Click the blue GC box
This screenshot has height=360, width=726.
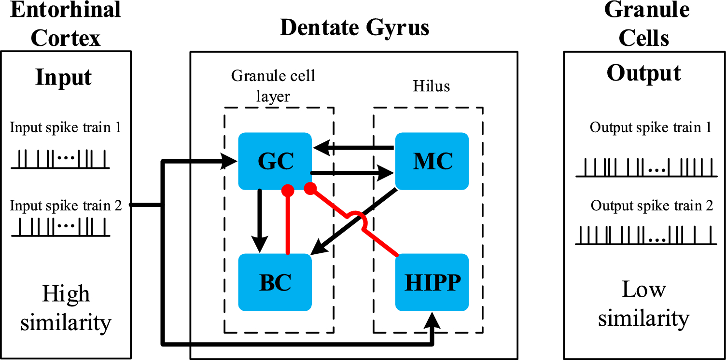tap(275, 161)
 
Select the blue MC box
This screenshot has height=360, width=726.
tap(432, 161)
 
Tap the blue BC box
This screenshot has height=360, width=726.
tap(275, 282)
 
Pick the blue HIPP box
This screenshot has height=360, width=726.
tap(432, 282)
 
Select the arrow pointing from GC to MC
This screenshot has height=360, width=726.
tap(352, 172)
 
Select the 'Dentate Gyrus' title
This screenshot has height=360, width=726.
tap(354, 28)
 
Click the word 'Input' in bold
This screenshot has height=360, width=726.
tap(63, 77)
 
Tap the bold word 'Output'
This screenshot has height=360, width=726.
tap(643, 73)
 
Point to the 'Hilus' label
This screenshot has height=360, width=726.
tap(431, 86)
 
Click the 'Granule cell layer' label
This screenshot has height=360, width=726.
tap(273, 85)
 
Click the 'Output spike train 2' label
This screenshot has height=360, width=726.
tap(652, 206)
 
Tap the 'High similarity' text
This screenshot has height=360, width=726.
tap(66, 308)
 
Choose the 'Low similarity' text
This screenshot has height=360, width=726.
tap(643, 304)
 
